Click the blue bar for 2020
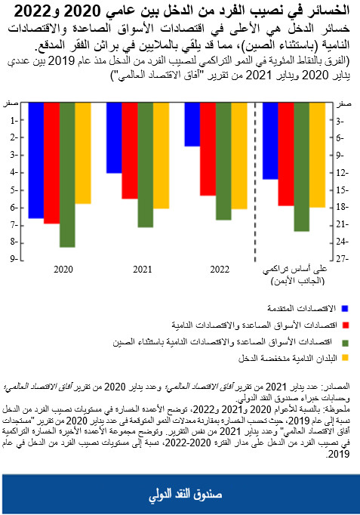(x=35, y=160)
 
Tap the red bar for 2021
(x=129, y=151)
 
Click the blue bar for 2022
(x=192, y=125)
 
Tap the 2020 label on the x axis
(x=64, y=270)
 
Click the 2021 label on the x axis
(x=143, y=270)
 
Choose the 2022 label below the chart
(x=220, y=270)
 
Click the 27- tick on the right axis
(x=340, y=260)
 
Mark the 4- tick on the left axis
(x=15, y=172)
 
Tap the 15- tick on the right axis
(x=340, y=190)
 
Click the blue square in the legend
(x=345, y=308)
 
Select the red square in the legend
(x=345, y=325)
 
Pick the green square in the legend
(x=345, y=341)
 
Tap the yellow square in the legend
(x=345, y=358)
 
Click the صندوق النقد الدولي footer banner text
(x=180, y=495)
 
